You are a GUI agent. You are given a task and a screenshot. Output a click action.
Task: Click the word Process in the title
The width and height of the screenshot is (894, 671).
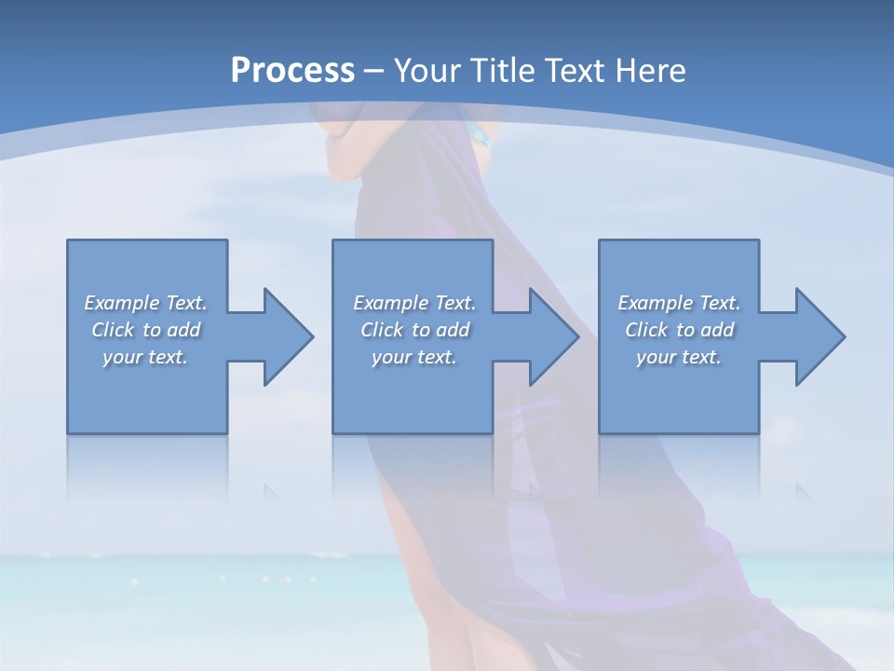(x=292, y=71)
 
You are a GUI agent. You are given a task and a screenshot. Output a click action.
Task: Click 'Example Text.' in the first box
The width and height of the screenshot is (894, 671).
(x=146, y=303)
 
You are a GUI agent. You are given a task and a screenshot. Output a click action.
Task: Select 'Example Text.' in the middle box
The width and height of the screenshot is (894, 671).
(x=414, y=303)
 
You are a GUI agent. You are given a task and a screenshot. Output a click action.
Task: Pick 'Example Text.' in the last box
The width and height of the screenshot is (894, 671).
(x=679, y=303)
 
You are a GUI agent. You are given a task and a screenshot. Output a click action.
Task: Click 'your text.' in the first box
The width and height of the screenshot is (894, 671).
(x=146, y=357)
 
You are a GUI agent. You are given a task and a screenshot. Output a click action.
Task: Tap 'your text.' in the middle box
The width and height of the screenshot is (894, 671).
(x=414, y=357)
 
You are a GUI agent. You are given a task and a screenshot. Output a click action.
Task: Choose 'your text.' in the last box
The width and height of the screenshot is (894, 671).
(x=679, y=357)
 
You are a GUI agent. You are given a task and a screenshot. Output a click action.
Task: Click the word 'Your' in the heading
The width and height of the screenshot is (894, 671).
(x=424, y=71)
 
